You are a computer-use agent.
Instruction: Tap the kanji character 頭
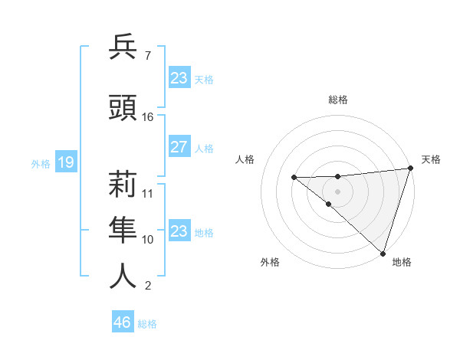point(123,108)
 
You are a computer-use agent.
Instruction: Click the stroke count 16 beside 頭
point(148,117)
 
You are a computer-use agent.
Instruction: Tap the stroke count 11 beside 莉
point(148,193)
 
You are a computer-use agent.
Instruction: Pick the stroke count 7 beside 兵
point(147,55)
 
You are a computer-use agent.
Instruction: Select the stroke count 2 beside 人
point(147,286)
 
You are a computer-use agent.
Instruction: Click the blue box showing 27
point(179,147)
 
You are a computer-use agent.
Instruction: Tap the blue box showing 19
point(65,162)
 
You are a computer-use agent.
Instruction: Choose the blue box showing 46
point(123,322)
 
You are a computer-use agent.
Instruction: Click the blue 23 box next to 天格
point(179,77)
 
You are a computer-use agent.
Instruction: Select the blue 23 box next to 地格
point(179,231)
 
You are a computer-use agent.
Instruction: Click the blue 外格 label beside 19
point(41,163)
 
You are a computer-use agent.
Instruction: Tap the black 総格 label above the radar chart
point(338,100)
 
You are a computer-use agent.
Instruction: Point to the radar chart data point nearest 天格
point(410,169)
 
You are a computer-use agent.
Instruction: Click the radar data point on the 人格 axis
point(294,177)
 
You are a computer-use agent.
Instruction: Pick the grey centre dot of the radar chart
point(337,191)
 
